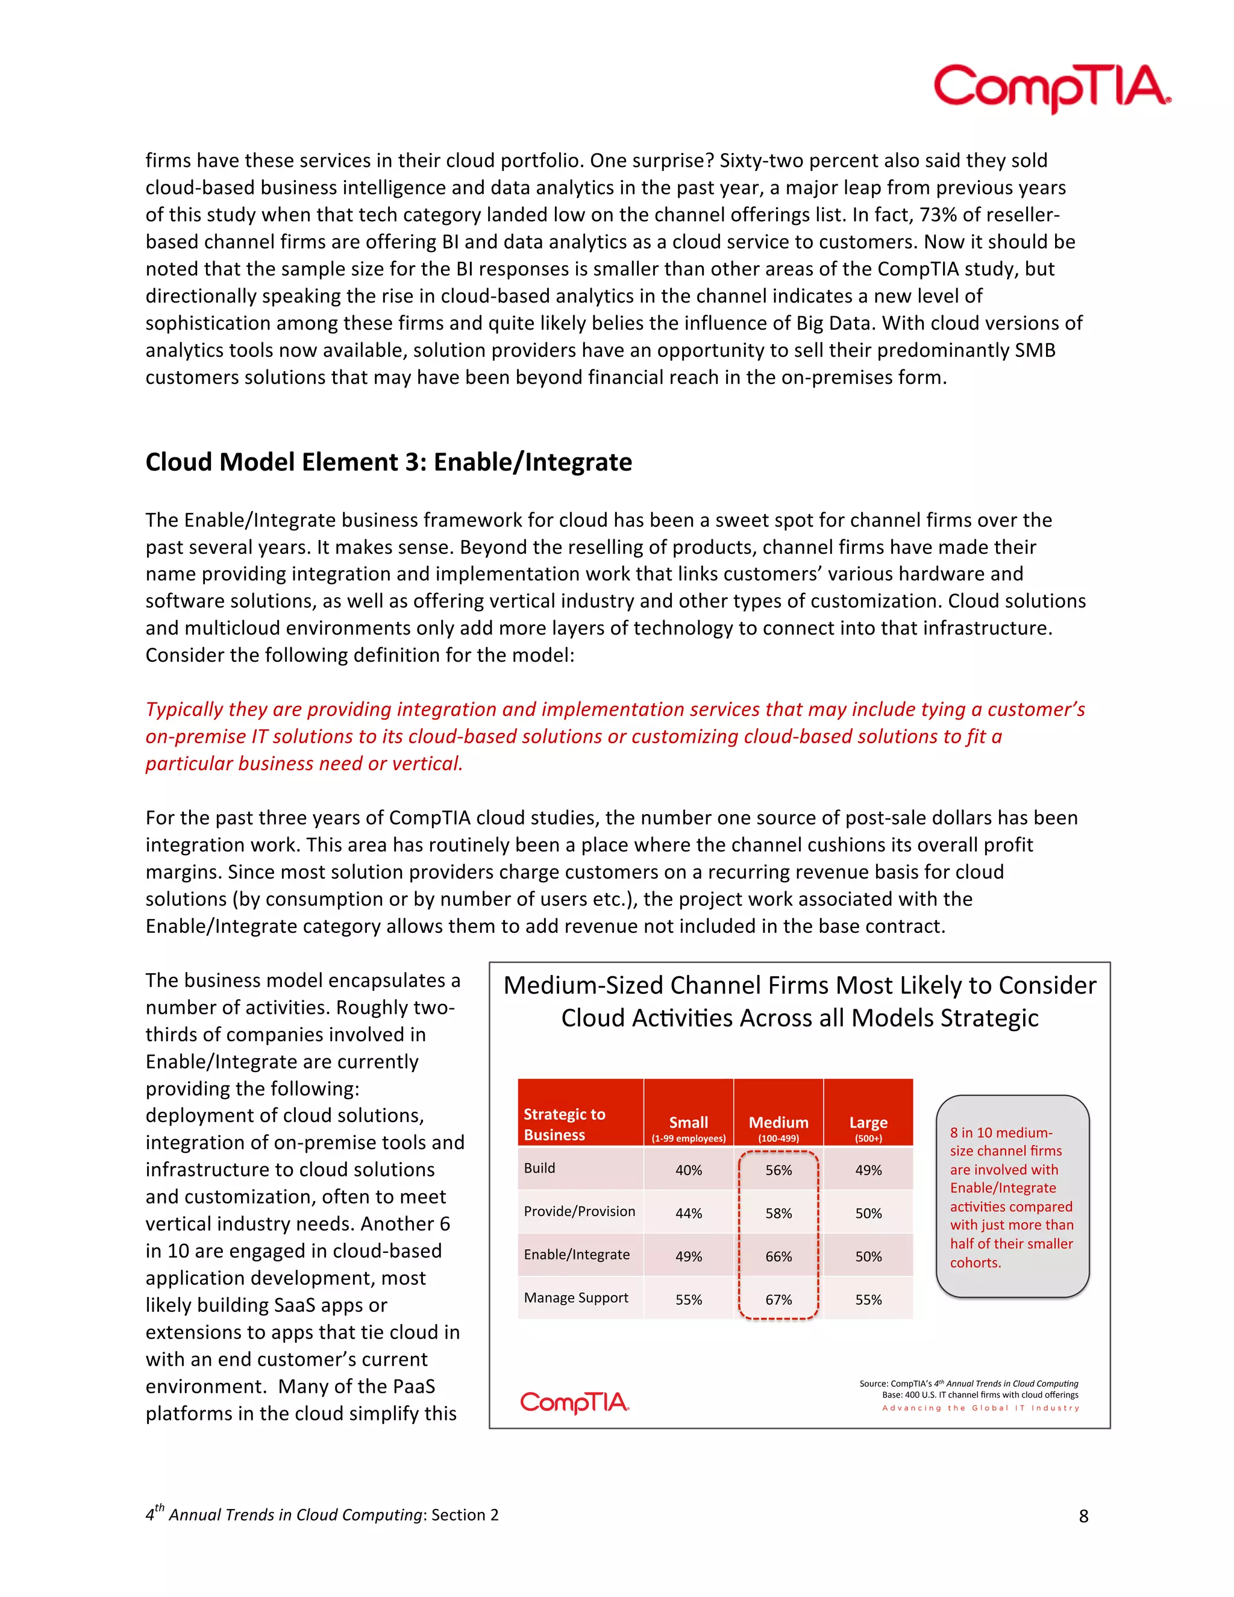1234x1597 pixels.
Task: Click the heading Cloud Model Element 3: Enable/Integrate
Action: tap(388, 462)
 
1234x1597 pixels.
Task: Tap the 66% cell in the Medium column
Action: tap(778, 1257)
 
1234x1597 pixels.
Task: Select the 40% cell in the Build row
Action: tap(688, 1170)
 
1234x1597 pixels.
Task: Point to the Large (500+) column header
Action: tap(868, 1126)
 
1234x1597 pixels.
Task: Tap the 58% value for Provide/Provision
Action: tap(778, 1213)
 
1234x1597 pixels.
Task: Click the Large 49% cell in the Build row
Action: tap(868, 1170)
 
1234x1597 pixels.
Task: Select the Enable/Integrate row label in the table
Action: tap(576, 1255)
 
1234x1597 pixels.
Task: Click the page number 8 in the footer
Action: tap(1083, 1517)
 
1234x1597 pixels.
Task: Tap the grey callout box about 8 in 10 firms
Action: tap(1012, 1197)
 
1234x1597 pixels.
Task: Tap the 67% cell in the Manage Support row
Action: tap(778, 1299)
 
